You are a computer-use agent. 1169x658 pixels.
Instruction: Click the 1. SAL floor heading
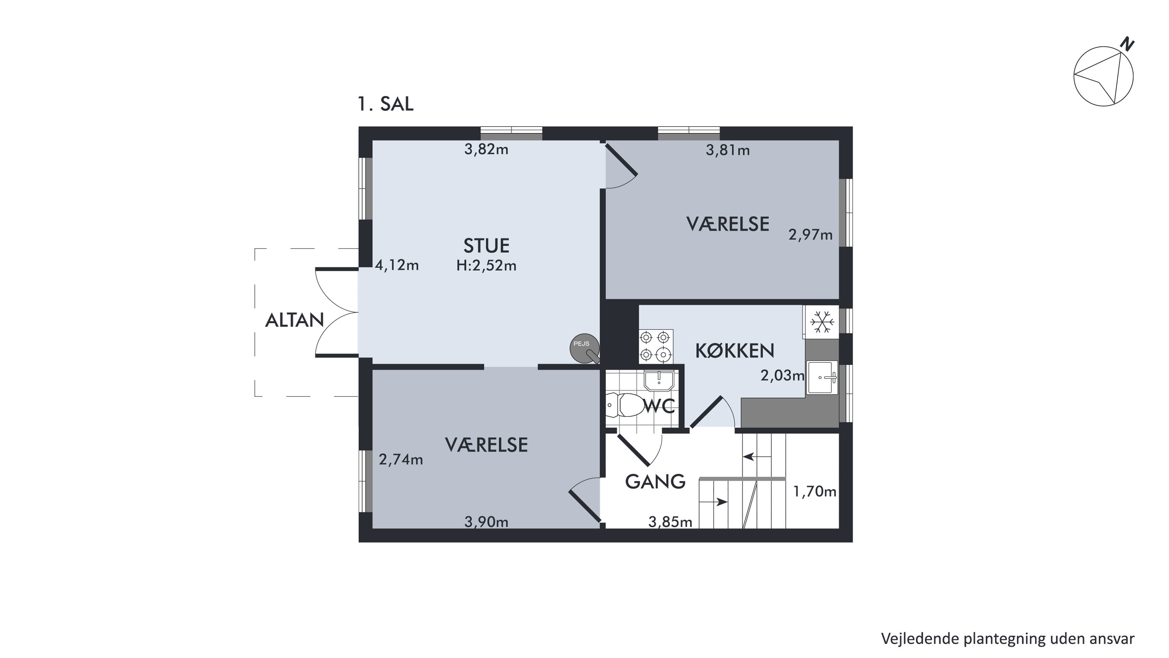[x=385, y=104]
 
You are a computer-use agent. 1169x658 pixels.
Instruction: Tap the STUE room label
[x=487, y=245]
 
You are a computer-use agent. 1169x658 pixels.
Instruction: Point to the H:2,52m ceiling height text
[x=487, y=265]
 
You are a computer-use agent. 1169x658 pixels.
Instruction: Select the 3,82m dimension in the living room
[x=486, y=149]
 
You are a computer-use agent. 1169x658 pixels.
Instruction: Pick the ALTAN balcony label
[x=294, y=320]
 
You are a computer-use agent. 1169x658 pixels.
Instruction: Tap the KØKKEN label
[x=735, y=350]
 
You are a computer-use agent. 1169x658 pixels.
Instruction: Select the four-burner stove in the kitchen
[x=656, y=346]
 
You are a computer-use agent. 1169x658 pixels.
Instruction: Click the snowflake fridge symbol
[x=822, y=322]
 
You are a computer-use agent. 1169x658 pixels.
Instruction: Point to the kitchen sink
[x=822, y=378]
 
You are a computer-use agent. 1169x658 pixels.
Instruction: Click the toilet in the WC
[x=625, y=405]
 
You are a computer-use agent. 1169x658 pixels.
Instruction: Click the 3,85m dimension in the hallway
[x=670, y=522]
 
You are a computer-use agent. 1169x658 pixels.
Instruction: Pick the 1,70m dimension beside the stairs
[x=815, y=491]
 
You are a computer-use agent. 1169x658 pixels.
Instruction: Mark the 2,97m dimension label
[x=811, y=235]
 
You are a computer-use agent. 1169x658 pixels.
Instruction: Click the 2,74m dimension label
[x=401, y=460]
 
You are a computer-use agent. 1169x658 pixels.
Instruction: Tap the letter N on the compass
[x=1127, y=44]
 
